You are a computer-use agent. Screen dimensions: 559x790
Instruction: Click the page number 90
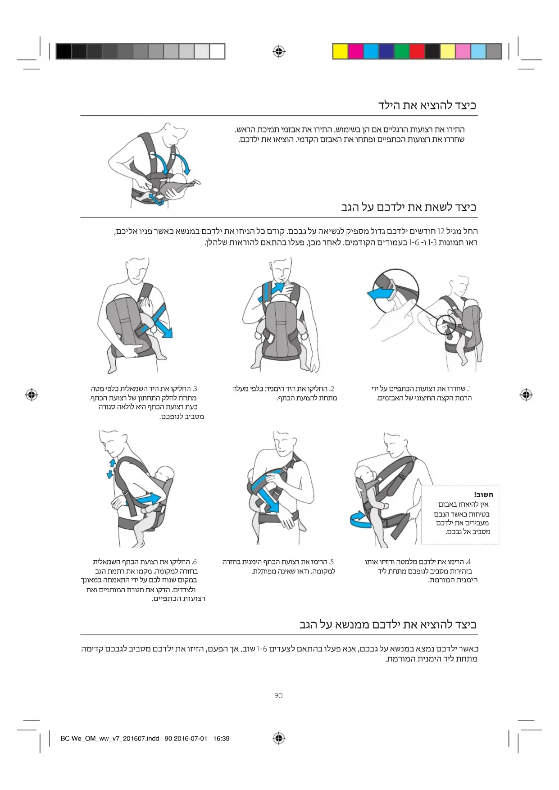278,696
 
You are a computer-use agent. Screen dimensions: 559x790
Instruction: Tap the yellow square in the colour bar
340,51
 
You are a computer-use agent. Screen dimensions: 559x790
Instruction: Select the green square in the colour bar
401,51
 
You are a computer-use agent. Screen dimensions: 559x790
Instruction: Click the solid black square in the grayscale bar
64,51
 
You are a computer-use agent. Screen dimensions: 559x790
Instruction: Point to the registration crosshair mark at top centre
279,51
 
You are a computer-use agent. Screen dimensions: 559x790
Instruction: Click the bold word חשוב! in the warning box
483,495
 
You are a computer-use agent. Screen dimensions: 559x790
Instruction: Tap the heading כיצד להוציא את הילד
427,105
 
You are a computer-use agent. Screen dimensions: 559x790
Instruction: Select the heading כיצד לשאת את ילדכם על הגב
409,207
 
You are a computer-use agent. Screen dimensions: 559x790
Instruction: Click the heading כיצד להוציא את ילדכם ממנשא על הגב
388,625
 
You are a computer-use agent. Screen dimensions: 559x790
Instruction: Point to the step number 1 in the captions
469,389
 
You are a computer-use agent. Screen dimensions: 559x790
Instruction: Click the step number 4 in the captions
468,562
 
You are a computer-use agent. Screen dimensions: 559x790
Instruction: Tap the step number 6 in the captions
194,562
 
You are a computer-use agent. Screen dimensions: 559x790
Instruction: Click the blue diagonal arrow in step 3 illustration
158,320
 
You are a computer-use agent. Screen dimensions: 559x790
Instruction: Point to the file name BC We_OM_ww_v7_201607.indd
110,739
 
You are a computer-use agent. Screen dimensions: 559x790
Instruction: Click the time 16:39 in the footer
221,739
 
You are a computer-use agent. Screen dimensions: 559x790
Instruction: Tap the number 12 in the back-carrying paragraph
441,232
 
